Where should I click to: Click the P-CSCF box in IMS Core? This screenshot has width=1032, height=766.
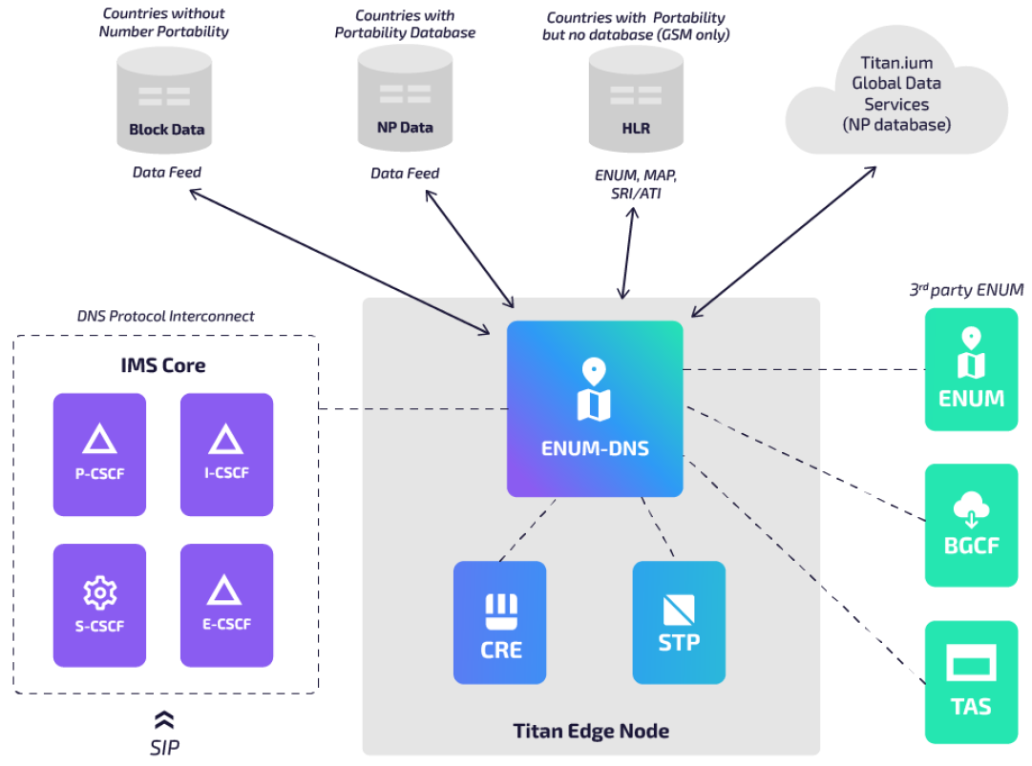(99, 454)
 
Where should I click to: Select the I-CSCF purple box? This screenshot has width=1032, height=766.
(226, 454)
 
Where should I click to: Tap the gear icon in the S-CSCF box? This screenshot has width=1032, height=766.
(99, 593)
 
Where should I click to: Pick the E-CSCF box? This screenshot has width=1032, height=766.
(226, 605)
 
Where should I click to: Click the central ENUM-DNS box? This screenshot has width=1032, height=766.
(594, 408)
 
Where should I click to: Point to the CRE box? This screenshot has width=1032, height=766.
(499, 622)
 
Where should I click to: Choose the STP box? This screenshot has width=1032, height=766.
(679, 622)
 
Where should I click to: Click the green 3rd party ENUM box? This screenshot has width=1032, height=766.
(971, 369)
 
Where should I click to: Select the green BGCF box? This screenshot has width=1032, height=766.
(971, 526)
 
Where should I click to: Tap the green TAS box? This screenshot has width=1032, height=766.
(971, 681)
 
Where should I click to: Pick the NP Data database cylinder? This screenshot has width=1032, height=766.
(405, 101)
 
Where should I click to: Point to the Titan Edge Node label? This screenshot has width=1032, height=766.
(591, 732)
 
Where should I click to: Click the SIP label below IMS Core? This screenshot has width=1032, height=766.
(164, 748)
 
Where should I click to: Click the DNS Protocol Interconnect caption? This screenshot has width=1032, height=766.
(165, 316)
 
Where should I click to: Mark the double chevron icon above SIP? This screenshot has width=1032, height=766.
(164, 720)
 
